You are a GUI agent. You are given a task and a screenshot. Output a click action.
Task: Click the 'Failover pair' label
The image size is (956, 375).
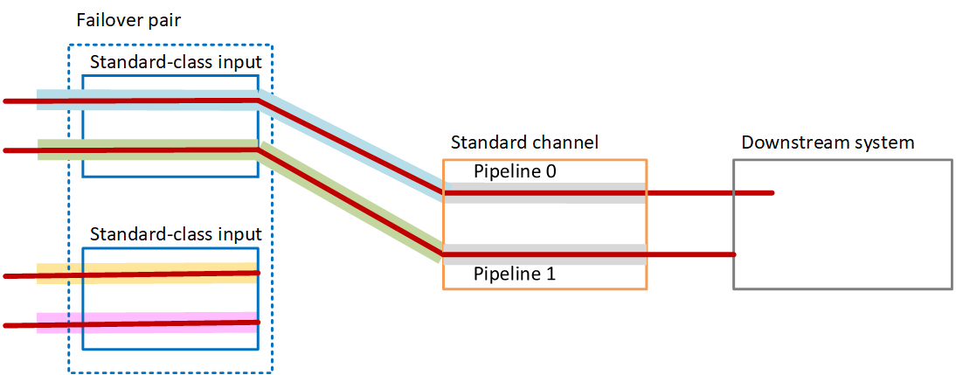coord(128,20)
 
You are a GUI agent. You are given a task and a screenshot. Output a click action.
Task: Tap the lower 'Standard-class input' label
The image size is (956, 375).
coord(176,234)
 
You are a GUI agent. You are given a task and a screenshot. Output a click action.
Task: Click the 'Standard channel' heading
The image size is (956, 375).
coord(524,142)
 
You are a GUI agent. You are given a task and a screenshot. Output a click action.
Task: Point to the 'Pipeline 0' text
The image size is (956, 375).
coord(515,171)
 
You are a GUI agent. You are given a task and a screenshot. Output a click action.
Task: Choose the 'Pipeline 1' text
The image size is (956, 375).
coord(515,274)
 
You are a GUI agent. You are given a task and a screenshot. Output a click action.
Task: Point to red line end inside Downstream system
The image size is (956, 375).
coord(771,193)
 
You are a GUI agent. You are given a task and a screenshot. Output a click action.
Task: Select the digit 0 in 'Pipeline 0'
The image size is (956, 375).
coord(551,171)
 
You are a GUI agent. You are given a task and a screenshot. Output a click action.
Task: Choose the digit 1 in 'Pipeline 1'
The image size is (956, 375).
coord(551,274)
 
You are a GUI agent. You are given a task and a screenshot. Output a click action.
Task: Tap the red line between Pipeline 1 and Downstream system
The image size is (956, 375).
coord(690,254)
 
